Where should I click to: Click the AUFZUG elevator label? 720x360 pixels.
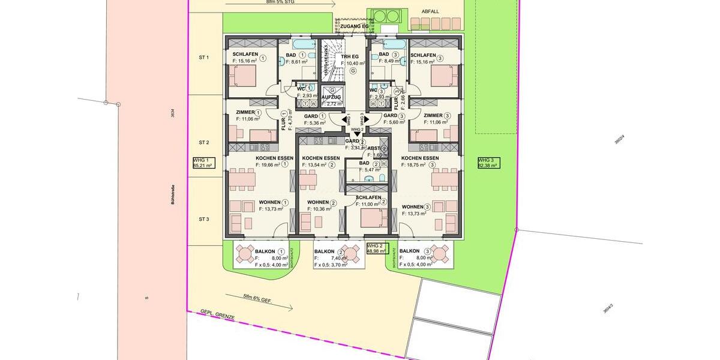click(x=331, y=97)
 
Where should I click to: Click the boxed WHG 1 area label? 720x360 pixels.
click(x=203, y=163)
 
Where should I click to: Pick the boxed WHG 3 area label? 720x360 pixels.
click(x=488, y=163)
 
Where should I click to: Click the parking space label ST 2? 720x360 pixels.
click(x=204, y=142)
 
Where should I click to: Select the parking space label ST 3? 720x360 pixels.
click(x=204, y=219)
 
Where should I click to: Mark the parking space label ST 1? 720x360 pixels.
click(x=204, y=58)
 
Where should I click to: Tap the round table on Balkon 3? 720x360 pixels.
click(x=439, y=254)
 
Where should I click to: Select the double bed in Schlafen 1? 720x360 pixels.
click(x=242, y=76)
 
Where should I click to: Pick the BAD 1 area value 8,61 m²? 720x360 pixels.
click(x=296, y=61)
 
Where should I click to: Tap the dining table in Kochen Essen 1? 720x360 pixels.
click(x=242, y=178)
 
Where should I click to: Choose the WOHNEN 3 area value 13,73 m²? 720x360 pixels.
click(x=416, y=214)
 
